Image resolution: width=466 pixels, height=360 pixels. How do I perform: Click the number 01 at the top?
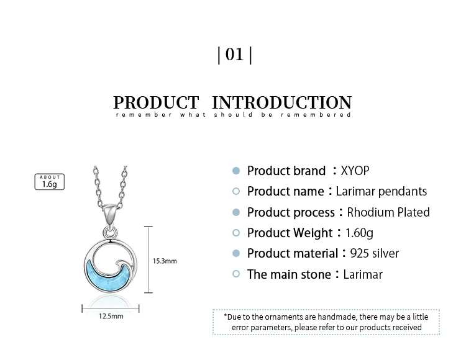[234, 55]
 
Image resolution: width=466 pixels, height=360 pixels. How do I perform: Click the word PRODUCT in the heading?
[156, 102]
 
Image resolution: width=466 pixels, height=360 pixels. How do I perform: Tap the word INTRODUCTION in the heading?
[281, 102]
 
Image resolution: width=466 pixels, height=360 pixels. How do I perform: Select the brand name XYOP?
[355, 171]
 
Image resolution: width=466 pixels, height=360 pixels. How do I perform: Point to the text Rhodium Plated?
[388, 212]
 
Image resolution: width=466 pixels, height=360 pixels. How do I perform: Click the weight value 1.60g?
[359, 233]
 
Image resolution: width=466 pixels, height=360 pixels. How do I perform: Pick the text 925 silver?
[375, 253]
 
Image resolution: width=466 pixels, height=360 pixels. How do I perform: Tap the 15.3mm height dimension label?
[165, 261]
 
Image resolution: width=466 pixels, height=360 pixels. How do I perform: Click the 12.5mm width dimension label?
[111, 317]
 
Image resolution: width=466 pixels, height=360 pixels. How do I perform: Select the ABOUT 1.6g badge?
[49, 182]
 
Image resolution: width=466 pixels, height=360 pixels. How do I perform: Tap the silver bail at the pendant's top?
[111, 214]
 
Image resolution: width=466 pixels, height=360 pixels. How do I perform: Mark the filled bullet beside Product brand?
[236, 171]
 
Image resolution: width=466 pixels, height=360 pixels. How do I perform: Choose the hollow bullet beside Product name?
[236, 191]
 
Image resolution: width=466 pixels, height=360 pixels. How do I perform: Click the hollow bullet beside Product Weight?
[236, 233]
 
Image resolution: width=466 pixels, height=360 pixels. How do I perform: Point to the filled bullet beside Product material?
[236, 253]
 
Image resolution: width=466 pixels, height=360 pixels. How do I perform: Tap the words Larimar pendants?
[381, 191]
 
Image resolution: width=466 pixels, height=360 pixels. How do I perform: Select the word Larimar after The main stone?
[363, 274]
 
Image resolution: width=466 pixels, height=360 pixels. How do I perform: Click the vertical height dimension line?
[148, 259]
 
